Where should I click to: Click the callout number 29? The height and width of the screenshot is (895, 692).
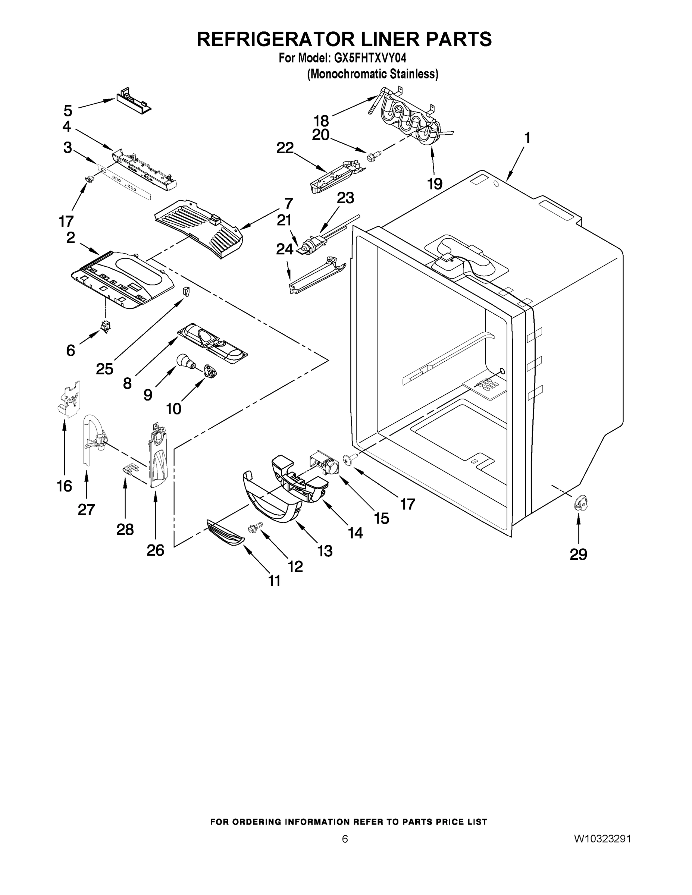click(578, 554)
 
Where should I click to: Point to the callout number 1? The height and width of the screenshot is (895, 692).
click(527, 138)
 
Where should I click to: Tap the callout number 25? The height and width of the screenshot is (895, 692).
click(104, 369)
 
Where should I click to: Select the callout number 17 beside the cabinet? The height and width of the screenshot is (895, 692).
click(407, 504)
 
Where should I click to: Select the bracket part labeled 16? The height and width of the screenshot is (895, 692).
click(69, 399)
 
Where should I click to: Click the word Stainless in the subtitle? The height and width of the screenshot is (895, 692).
click(413, 74)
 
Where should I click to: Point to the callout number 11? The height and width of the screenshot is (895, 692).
click(274, 580)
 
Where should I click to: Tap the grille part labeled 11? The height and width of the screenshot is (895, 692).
click(225, 533)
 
